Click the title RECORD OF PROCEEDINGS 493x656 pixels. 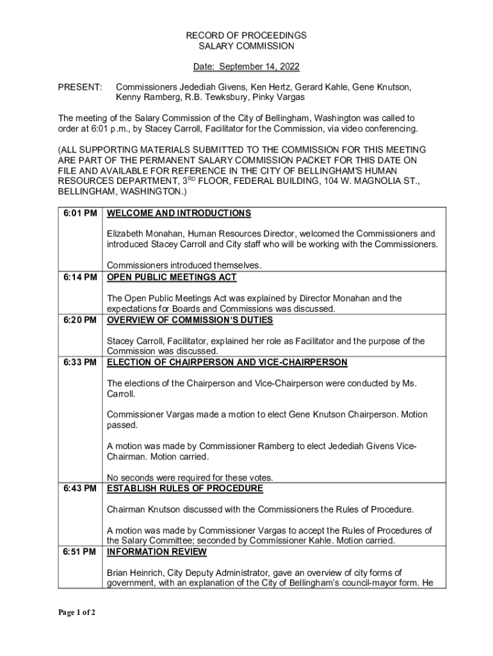247,35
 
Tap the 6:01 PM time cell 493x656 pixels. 81,213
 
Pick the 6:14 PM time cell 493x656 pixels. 81,277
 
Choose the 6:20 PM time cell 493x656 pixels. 81,320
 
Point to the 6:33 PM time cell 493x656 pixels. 81,363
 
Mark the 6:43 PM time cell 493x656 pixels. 81,489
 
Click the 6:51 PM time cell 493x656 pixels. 81,552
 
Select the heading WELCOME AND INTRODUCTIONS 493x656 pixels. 179,213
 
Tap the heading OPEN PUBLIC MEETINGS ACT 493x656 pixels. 172,277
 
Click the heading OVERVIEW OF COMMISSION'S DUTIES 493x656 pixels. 190,320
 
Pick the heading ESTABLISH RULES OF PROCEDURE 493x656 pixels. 185,489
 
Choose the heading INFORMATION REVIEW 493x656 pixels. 157,552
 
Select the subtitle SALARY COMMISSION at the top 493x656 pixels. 247,46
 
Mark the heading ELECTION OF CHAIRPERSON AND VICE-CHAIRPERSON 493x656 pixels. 227,363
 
